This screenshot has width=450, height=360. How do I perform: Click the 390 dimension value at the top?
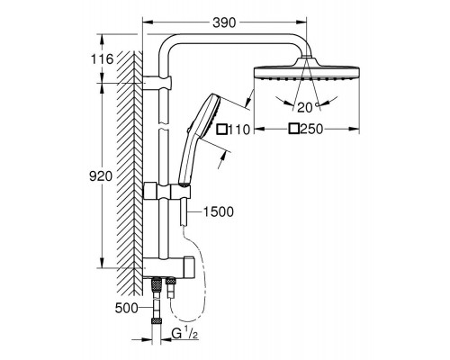(x=224, y=22)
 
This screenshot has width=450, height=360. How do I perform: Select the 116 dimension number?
(x=103, y=59)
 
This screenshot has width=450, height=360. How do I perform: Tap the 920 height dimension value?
(x=101, y=176)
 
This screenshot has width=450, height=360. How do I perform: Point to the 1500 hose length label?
(x=219, y=212)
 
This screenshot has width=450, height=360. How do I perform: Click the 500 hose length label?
(x=127, y=308)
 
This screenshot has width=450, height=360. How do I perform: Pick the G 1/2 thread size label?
(x=184, y=334)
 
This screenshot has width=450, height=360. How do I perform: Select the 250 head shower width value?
(x=311, y=129)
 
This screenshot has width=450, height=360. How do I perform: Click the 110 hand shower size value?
(x=238, y=130)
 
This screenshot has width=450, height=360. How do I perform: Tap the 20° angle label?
(x=308, y=107)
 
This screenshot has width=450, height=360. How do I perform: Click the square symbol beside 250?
(x=294, y=129)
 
